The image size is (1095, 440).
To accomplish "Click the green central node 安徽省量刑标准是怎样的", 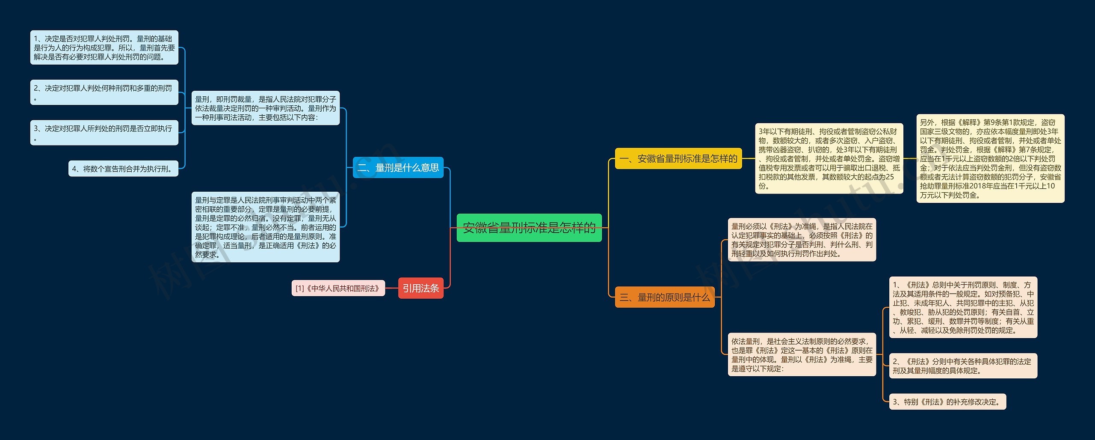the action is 529,228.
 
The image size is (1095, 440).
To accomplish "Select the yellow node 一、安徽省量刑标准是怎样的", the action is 678,159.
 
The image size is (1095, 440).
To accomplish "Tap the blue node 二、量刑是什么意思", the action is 398,168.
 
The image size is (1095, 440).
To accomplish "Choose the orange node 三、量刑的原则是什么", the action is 664,297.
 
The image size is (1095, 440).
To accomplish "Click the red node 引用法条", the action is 420,288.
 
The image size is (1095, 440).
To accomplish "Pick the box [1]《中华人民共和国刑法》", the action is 338,288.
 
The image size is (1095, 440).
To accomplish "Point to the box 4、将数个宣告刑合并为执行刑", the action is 123,169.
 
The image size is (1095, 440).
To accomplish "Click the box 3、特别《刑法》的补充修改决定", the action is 947,402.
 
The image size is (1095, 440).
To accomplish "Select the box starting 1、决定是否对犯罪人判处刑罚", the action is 104,48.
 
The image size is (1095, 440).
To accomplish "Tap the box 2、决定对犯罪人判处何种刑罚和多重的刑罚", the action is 104,92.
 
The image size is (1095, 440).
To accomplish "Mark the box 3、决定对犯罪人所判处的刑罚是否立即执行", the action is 104,133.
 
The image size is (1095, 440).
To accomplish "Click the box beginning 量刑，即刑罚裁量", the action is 265,108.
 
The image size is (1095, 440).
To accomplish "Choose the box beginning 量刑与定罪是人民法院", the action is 265,227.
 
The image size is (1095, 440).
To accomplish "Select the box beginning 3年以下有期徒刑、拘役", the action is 829,158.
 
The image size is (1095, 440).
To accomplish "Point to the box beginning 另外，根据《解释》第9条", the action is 990,158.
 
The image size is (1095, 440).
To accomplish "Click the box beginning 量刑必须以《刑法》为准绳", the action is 802,240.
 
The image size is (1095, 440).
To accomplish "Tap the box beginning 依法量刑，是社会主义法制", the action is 802,354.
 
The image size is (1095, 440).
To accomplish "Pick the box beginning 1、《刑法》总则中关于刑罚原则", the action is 963,307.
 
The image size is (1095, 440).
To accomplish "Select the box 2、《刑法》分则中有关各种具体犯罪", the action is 963,366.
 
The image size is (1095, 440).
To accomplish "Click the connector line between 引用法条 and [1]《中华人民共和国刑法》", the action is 391,288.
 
